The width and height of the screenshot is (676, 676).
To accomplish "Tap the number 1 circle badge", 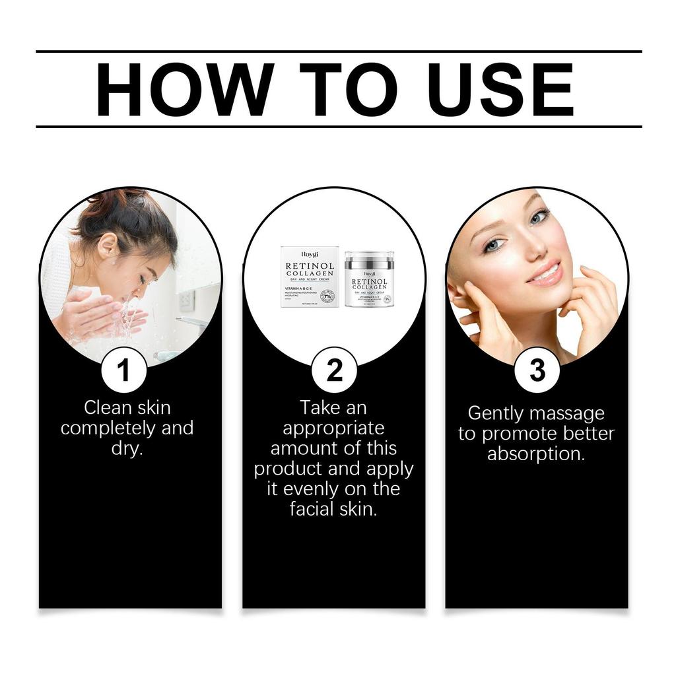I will (x=124, y=370).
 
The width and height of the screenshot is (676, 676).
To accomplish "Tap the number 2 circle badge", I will (x=334, y=370).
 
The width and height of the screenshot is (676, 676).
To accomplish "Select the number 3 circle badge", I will (x=537, y=370).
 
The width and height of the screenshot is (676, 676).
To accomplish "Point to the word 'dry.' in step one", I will (x=127, y=450).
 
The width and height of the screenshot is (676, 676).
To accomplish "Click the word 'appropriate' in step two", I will (x=333, y=428).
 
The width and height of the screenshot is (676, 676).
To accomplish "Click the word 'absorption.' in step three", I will (x=536, y=454).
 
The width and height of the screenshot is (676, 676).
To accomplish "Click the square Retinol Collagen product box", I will (x=310, y=277).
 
